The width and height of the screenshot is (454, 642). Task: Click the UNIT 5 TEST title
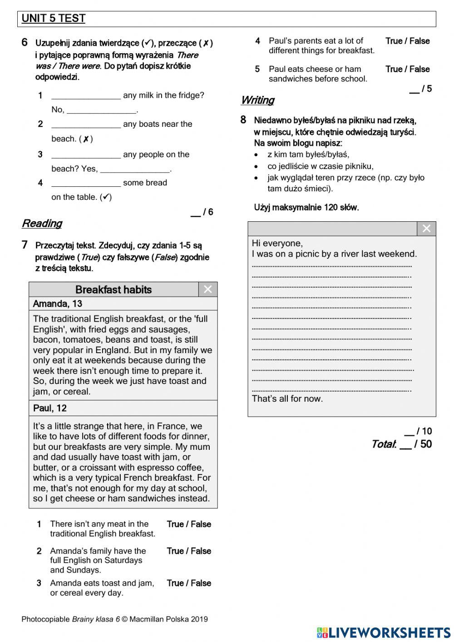(x=54, y=19)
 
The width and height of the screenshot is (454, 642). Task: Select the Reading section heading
(x=42, y=224)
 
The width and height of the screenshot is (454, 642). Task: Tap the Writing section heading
(x=257, y=100)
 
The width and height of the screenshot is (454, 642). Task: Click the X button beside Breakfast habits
(x=208, y=289)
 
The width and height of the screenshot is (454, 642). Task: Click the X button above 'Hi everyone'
(x=426, y=229)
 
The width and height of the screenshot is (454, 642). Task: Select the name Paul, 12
(x=50, y=408)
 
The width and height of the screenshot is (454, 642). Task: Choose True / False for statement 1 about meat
(x=189, y=524)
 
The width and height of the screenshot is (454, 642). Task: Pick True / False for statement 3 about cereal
(x=189, y=583)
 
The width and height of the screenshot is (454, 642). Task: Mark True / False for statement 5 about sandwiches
(x=407, y=70)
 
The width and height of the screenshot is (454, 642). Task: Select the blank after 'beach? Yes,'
(x=135, y=169)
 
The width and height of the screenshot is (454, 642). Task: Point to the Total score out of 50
(x=402, y=444)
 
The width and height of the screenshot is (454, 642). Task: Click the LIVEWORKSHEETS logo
(x=384, y=632)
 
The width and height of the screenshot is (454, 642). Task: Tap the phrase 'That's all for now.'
(x=287, y=399)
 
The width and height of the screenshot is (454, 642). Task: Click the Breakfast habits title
(x=113, y=290)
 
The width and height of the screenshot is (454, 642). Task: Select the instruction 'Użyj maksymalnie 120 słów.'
(x=306, y=208)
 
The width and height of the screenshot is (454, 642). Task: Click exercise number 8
(x=243, y=120)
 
